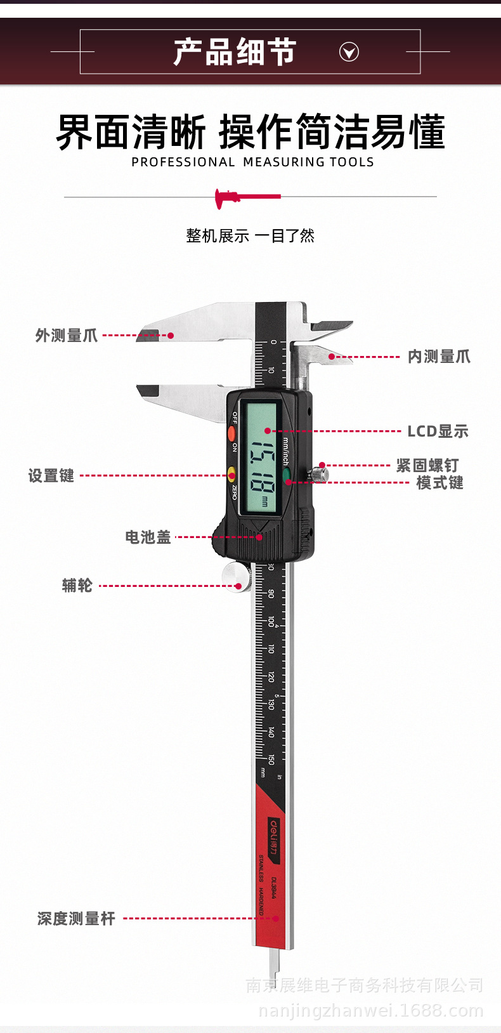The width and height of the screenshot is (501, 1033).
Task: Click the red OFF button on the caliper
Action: [231, 434]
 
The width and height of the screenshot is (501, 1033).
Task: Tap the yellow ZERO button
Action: [232, 474]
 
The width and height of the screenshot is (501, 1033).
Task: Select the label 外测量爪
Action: [67, 336]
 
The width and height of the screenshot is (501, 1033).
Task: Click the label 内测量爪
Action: [439, 357]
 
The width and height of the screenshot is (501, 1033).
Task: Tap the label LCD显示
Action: [438, 431]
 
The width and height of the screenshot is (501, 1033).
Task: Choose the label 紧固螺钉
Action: [427, 466]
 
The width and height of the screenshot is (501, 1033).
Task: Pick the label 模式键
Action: [439, 483]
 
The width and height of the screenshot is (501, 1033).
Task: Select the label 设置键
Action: [51, 476]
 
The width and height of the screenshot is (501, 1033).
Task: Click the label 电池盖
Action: [148, 537]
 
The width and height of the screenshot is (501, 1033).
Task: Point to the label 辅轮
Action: [77, 586]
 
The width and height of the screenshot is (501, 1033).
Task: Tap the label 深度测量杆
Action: [76, 919]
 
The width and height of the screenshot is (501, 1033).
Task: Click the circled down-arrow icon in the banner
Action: [349, 52]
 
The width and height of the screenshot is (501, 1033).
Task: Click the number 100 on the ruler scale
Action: [271, 621]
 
